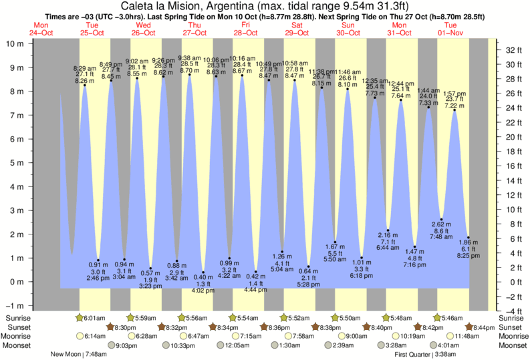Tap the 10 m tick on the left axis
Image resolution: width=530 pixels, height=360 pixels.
[x=14, y=43]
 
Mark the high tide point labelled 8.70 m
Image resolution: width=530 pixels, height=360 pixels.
[x=190, y=75]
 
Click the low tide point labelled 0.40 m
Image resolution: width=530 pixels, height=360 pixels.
[x=203, y=272]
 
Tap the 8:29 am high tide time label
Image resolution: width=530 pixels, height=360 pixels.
[x=84, y=68]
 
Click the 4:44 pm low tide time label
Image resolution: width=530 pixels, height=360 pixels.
[x=255, y=290]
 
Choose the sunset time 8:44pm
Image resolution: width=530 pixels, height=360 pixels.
[x=484, y=327]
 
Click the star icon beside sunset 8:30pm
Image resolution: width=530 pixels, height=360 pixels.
[x=110, y=327]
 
